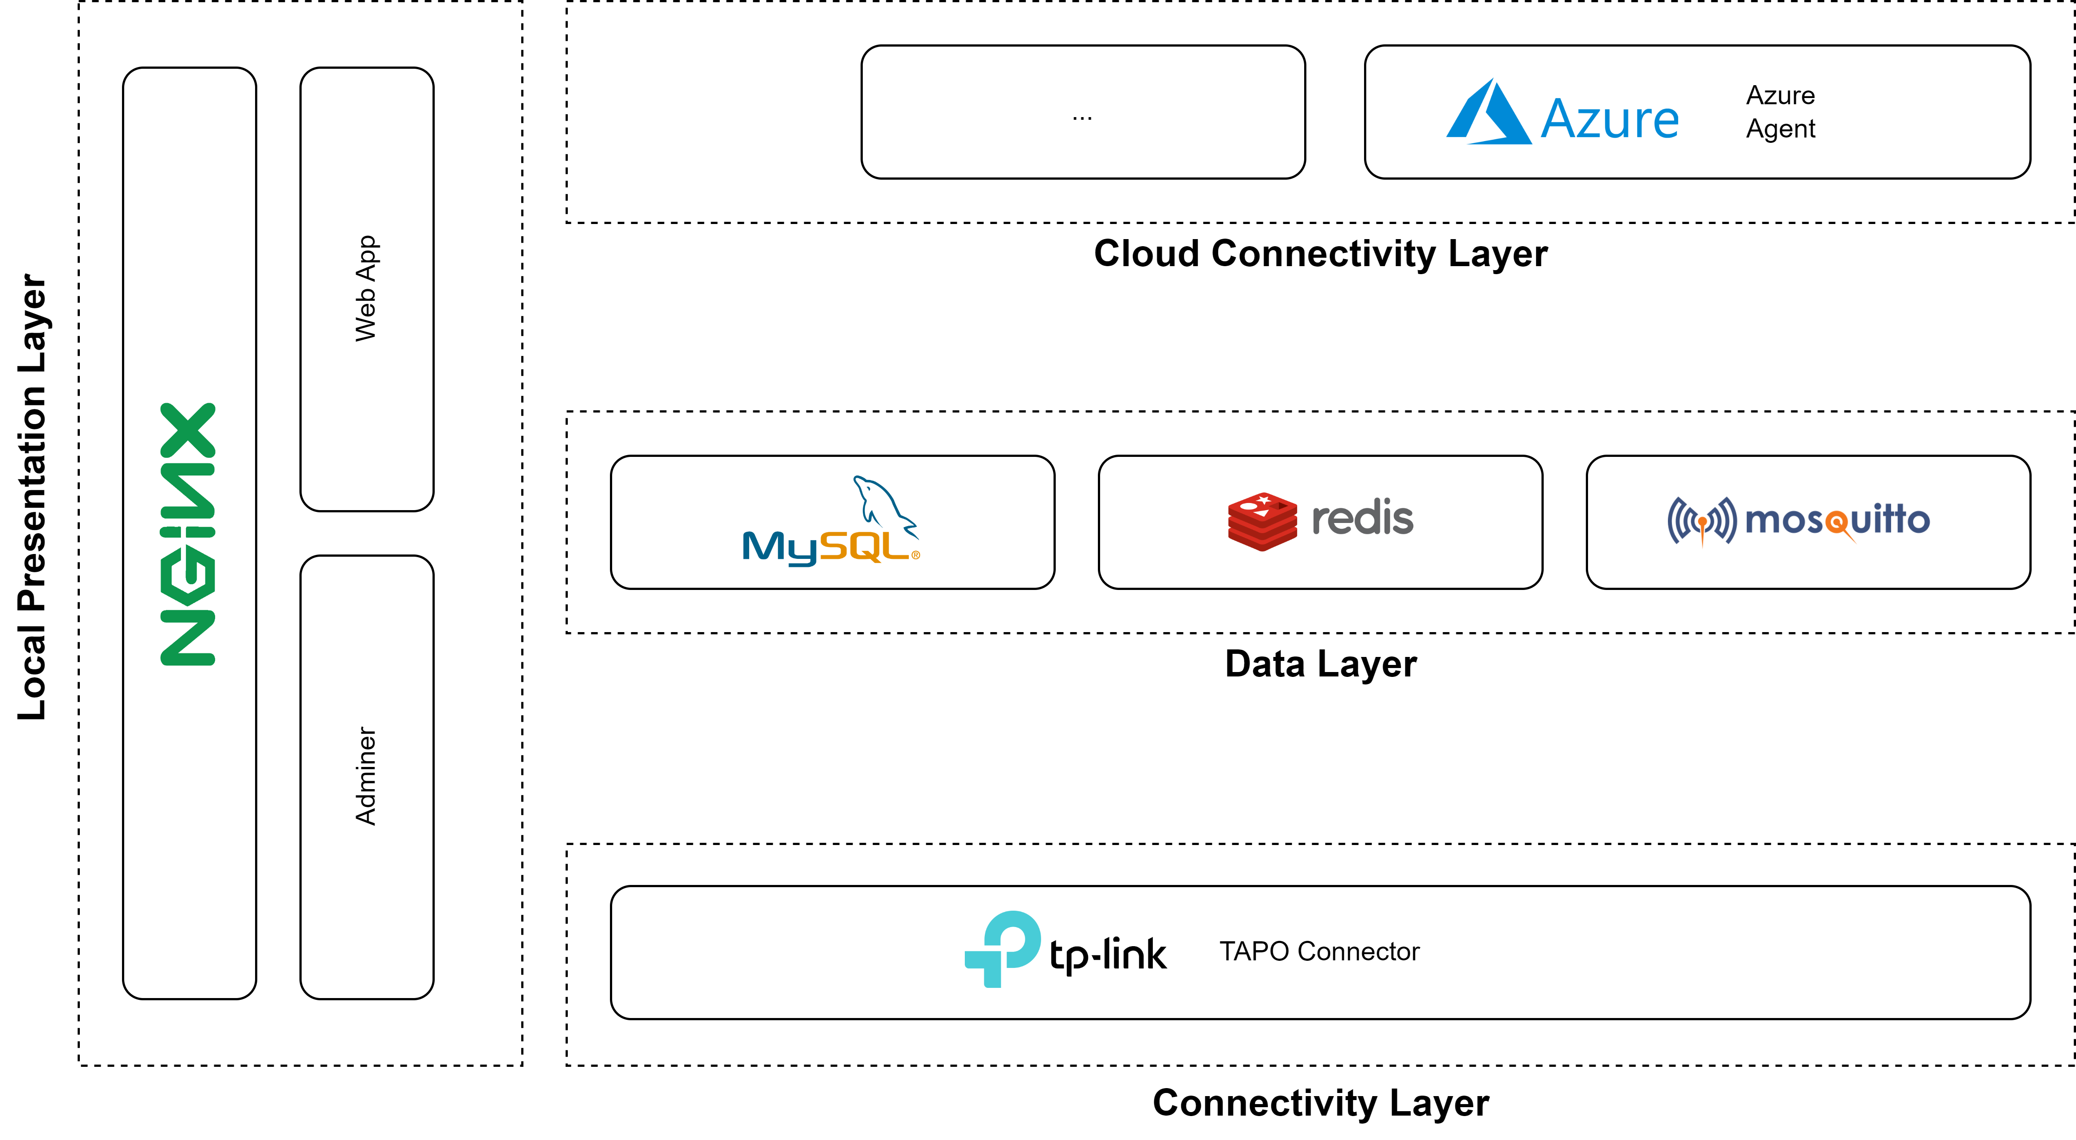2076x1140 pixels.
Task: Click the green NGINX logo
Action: click(x=189, y=534)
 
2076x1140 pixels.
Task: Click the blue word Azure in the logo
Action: click(x=1609, y=119)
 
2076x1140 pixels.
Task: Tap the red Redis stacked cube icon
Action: click(x=1262, y=521)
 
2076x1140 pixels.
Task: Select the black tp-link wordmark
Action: click(x=1107, y=955)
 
